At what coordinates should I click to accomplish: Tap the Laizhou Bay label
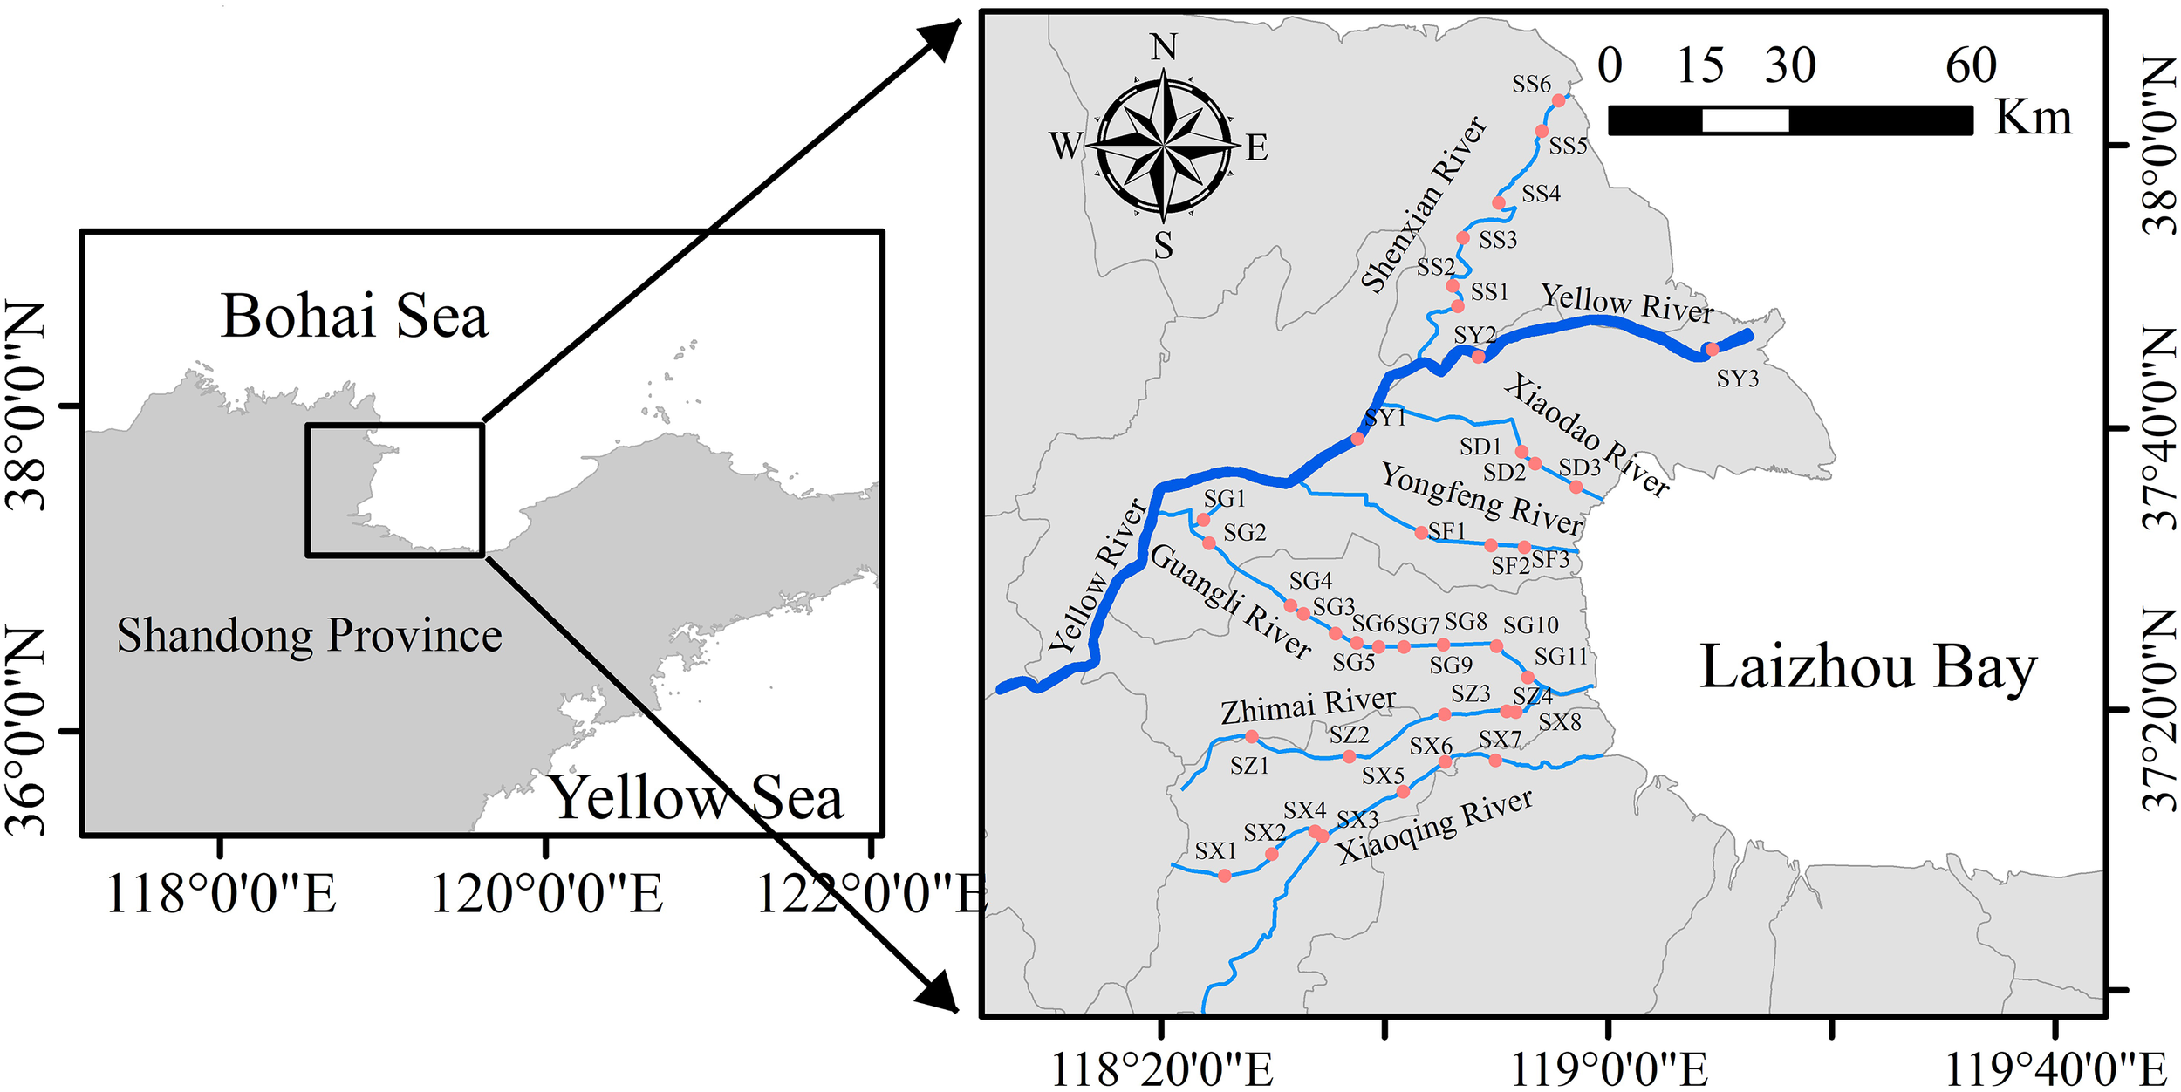1868,669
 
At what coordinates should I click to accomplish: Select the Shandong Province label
309,636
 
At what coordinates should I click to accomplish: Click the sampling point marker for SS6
1559,100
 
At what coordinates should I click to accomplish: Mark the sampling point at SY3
1712,350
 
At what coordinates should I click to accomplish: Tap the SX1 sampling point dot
1225,876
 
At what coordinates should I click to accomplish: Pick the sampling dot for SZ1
1252,737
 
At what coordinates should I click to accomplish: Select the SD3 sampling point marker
1576,487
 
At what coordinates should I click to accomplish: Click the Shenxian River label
1424,205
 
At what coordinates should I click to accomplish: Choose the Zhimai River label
1308,706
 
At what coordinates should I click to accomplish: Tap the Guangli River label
1231,602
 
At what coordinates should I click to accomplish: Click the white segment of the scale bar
1745,120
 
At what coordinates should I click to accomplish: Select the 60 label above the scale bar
1971,66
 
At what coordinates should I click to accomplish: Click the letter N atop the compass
1164,47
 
